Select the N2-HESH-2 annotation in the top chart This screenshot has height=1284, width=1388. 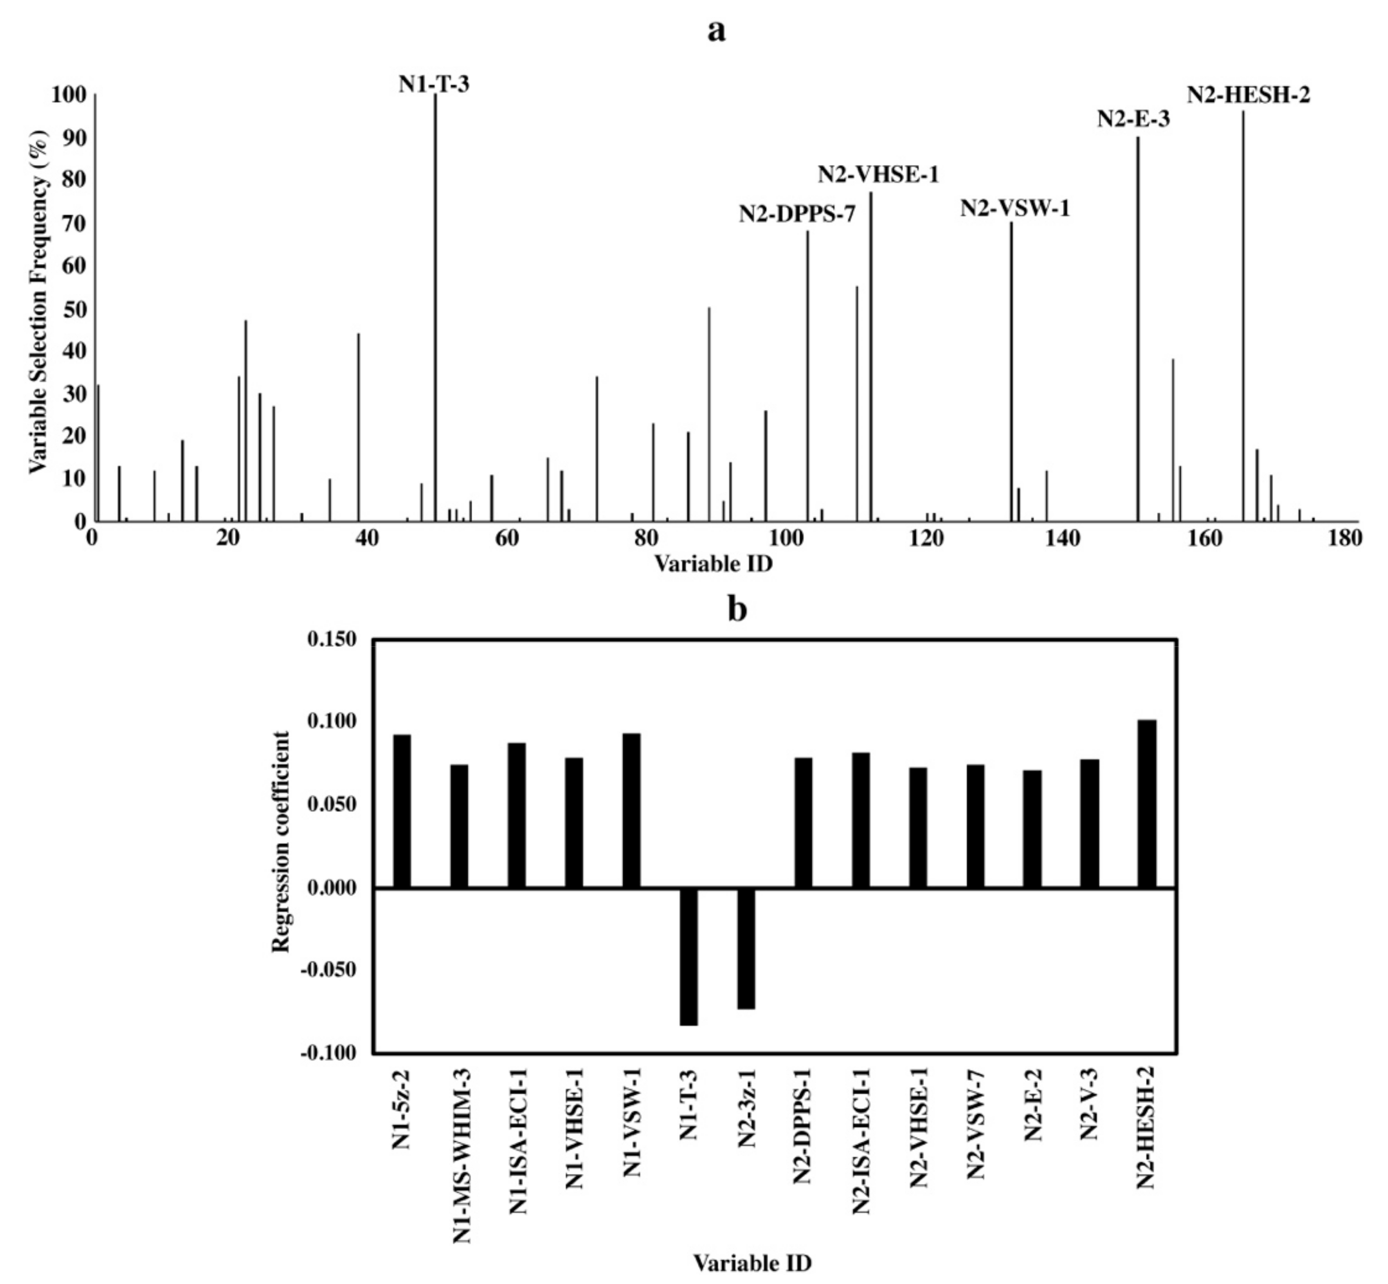pos(1248,95)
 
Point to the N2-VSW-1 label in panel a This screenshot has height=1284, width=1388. pos(1015,209)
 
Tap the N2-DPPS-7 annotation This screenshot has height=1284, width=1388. pos(797,214)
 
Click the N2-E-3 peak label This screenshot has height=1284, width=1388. pos(1133,119)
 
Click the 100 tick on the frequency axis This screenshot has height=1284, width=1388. pos(68,95)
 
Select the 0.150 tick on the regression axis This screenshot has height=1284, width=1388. pos(331,639)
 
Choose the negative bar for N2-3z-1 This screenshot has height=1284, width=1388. pos(745,948)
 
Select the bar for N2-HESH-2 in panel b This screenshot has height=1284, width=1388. pos(1146,804)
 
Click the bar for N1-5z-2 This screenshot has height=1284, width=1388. pos(402,811)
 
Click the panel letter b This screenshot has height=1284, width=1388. pos(736,609)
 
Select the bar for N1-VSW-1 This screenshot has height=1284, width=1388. pos(631,810)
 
